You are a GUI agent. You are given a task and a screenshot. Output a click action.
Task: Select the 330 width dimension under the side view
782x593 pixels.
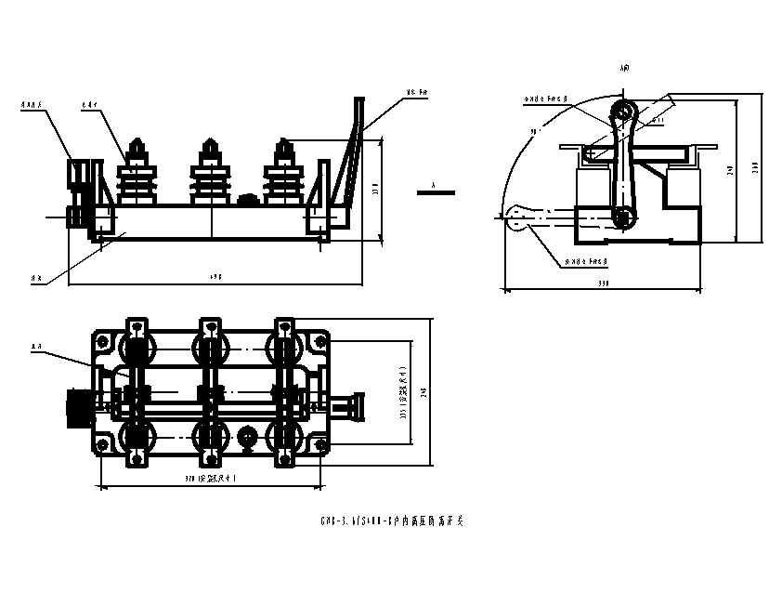tap(605, 283)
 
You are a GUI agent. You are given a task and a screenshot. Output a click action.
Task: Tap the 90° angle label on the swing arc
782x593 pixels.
tap(535, 132)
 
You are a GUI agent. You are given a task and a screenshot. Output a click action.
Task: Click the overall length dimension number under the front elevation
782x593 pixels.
tap(216, 276)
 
